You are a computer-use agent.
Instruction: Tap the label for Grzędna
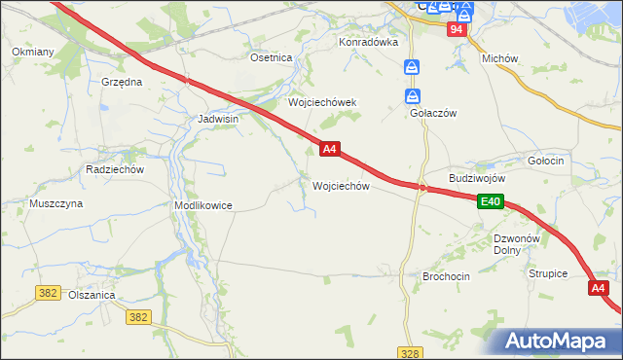122,82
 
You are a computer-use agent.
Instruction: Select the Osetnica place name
272,57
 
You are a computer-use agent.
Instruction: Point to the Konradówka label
369,42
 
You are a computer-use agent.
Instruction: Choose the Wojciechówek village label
322,102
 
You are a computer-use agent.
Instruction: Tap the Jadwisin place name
218,118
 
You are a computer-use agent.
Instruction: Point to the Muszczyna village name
55,203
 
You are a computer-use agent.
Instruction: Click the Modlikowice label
202,205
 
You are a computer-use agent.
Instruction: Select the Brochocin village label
446,276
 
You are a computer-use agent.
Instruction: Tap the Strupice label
548,273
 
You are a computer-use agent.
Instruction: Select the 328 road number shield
410,350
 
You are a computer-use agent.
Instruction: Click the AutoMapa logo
561,340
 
